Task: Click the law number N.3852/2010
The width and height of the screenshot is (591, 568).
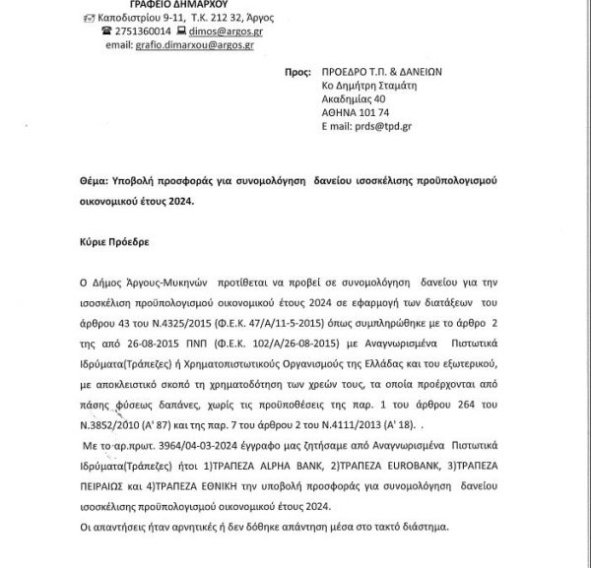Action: tap(93, 402)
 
